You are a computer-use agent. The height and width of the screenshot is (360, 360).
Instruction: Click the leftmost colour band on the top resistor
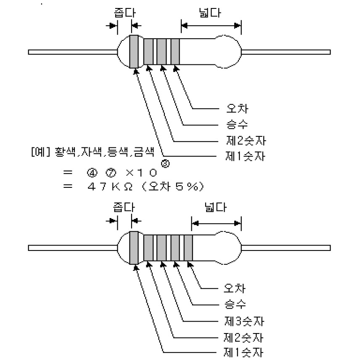(x=134, y=51)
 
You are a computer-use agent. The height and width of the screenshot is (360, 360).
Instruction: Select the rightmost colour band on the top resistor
(x=175, y=51)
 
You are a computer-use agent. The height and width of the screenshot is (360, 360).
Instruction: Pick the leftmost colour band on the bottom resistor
(x=134, y=247)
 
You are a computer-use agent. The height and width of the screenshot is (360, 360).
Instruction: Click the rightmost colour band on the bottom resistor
(x=188, y=248)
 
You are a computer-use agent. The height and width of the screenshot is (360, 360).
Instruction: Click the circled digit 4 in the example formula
(x=92, y=173)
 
